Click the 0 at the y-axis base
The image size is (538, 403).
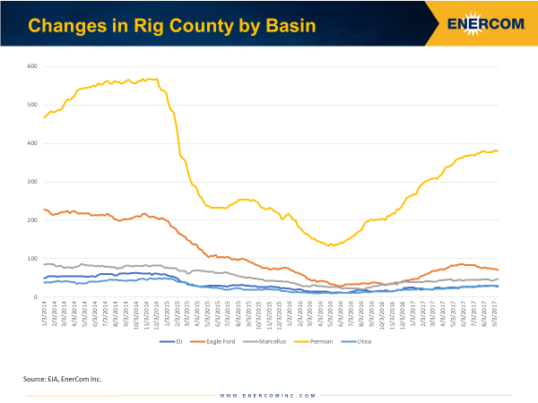35,297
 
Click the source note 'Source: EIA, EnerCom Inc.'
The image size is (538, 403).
63,379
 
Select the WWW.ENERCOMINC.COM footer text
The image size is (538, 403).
268,394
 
